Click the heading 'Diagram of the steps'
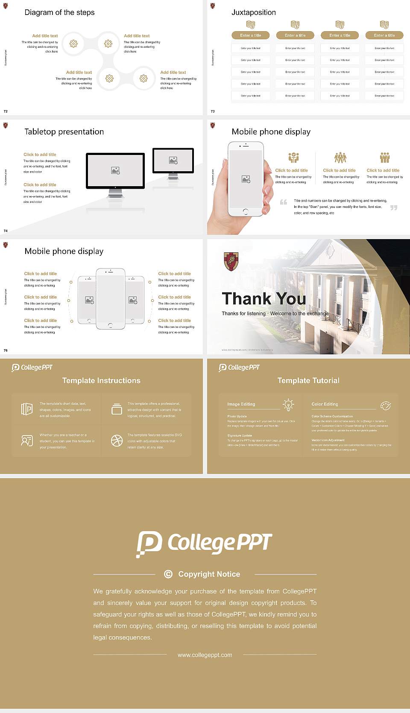pos(59,12)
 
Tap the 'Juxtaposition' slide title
pos(253,12)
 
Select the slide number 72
pos(6,111)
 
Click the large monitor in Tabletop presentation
pos(115,171)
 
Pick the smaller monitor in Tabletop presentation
pos(173,161)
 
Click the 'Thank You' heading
pos(264,299)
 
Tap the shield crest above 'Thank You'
pos(231,261)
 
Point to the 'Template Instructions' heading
pos(101,380)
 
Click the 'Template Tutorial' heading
pos(308,380)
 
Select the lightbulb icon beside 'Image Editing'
pos(288,405)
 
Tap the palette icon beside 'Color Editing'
pos(386,405)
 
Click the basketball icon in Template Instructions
pos(117,441)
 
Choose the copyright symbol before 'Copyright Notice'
pos(168,574)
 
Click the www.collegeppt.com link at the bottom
pos(205,655)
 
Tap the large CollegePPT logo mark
pos(149,544)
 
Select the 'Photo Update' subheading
pos(237,416)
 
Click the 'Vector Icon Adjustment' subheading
pos(328,440)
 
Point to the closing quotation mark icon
pos(394,207)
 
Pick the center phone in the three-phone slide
pos(110,299)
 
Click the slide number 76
pos(6,350)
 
